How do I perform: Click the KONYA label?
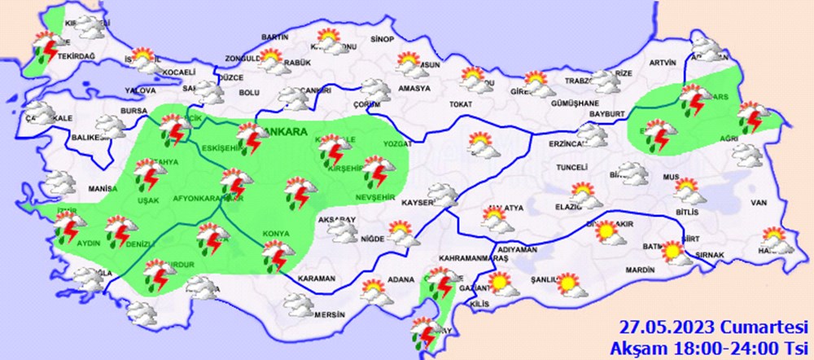pos(275,235)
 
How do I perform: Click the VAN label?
pos(759,202)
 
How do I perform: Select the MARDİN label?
pos(641,270)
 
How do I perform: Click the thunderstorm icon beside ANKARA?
pos(249,138)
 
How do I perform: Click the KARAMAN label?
pos(317,279)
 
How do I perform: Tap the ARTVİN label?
pos(663,63)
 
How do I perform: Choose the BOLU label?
pos(248,93)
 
